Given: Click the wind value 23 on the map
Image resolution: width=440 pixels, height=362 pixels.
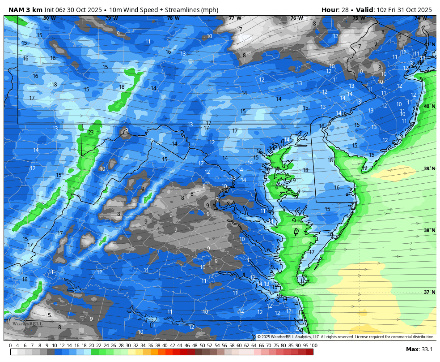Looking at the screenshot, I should coord(91,133).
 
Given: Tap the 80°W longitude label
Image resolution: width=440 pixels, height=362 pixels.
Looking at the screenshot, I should coord(49,18).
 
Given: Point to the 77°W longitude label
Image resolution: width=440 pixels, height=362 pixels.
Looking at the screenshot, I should coord(235,18).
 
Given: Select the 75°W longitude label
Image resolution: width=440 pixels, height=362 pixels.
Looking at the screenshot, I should coord(358,18).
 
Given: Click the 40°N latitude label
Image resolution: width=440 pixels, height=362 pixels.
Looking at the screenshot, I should coord(429,106).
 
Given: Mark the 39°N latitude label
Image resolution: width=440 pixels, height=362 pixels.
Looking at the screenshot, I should coord(429,168).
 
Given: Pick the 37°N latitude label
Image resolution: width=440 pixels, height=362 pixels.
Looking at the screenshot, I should coord(429,292).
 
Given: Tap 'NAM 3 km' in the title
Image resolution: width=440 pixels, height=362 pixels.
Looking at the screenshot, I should coord(25,9).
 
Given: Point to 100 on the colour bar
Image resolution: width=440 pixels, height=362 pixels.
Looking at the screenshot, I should coord(313,345).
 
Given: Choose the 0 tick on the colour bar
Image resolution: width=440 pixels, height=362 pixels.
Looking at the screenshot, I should coord(10,345).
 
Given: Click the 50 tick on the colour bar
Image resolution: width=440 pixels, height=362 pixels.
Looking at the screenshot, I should coord(202,345).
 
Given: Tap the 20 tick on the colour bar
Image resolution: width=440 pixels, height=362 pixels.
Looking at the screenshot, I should coord(91,345).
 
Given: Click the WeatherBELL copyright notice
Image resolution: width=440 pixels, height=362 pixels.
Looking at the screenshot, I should coord(345,337).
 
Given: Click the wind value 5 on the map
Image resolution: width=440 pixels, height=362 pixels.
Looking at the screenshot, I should coord(49,315).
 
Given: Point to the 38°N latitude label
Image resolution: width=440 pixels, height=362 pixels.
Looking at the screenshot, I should coord(429,230).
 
